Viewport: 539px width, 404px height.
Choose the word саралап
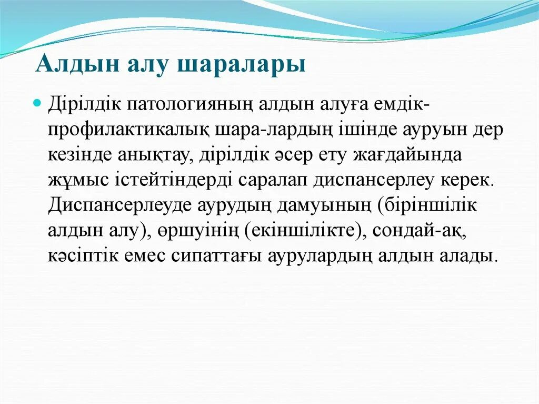click(274, 180)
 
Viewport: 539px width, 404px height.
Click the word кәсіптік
click(83, 256)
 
